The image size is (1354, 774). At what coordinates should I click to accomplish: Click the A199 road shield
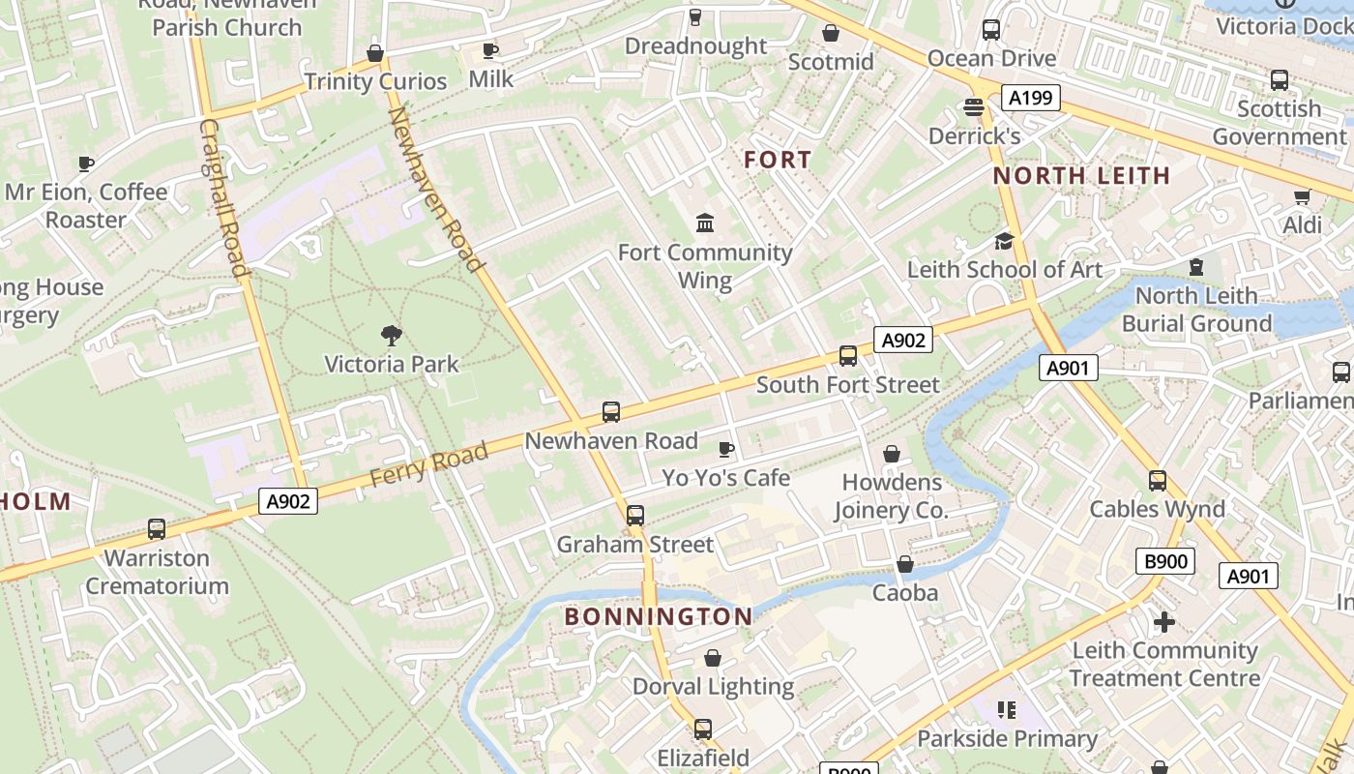pos(1030,98)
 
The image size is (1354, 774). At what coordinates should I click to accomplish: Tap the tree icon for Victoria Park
pos(392,336)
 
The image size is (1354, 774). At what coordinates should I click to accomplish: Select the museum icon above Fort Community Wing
pos(705,223)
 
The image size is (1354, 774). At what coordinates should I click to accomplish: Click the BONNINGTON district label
pos(659,616)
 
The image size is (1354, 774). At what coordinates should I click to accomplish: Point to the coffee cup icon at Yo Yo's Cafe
pos(725,449)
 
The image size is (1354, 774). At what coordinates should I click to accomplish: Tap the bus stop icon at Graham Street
pos(634,516)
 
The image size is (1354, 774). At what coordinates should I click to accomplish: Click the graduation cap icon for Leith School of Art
pos(1004,241)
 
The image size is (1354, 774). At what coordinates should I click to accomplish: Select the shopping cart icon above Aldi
pos(1302,197)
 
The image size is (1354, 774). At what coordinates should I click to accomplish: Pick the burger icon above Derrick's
pos(974,107)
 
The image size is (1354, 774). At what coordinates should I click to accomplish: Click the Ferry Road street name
pos(428,463)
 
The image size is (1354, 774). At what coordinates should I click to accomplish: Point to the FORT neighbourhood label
pos(778,161)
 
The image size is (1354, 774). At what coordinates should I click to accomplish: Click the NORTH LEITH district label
pos(1081,176)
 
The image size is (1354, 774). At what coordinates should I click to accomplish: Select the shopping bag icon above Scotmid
pos(830,34)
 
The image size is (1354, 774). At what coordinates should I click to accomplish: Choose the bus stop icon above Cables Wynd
pos(1157,481)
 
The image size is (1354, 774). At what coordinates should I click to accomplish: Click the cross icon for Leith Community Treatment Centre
pos(1164,621)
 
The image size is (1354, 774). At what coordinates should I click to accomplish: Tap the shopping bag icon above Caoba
pos(905,564)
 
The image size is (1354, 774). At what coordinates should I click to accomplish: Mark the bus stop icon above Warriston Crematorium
pos(157,529)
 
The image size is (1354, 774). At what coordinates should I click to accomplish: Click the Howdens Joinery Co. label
pos(891,495)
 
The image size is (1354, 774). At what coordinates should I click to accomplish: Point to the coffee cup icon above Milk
pos(490,50)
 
